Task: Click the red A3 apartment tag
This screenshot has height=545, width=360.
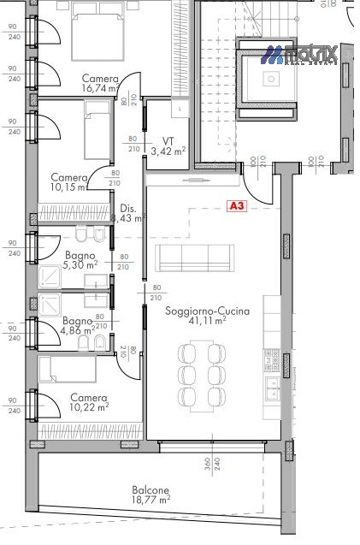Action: pos(236,206)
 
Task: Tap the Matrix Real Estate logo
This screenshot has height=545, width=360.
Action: pos(299,55)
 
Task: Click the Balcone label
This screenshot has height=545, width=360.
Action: pos(150,490)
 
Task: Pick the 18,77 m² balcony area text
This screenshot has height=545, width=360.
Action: pos(150,500)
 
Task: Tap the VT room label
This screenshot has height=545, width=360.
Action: pos(168,141)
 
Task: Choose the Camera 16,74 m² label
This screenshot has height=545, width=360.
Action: pos(100,83)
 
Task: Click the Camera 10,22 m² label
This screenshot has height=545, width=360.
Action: pos(89,402)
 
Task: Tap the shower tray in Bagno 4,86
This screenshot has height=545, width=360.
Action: pos(50,305)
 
